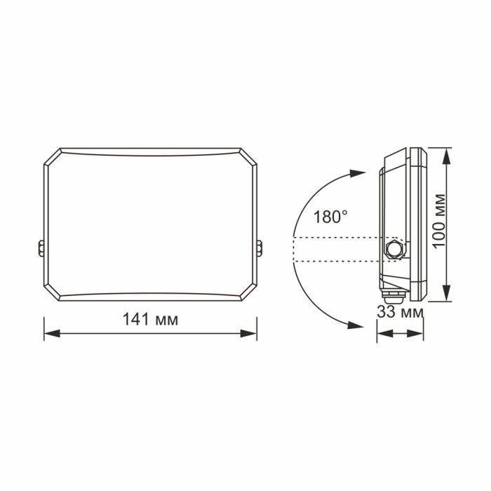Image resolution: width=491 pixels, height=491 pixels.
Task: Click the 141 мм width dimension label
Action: pyautogui.click(x=151, y=320)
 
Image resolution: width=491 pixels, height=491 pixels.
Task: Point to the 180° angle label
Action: pyautogui.click(x=329, y=216)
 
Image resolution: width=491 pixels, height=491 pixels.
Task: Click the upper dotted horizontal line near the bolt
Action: pyautogui.click(x=337, y=238)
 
